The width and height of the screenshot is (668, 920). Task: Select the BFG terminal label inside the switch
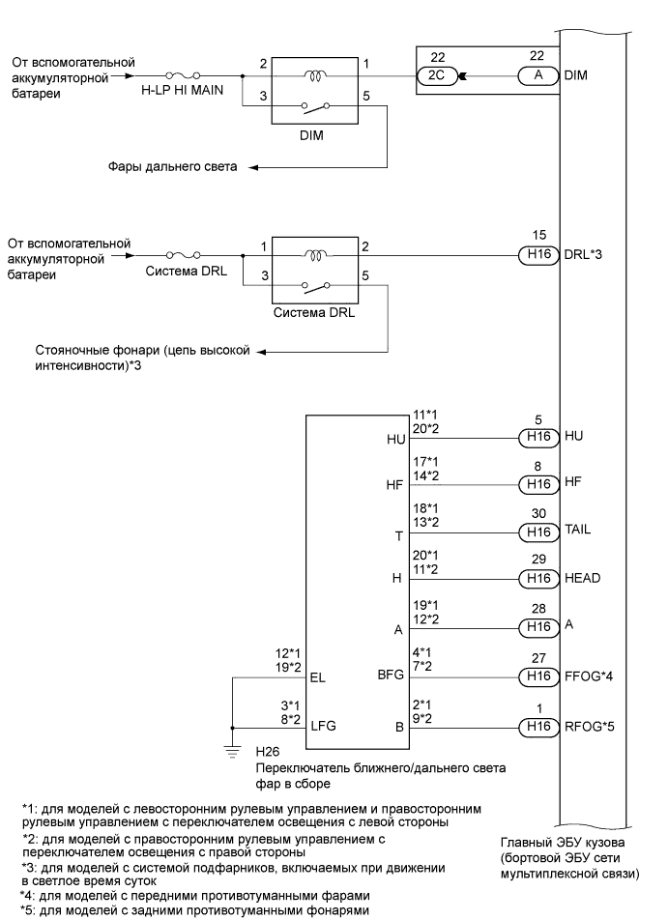click(392, 680)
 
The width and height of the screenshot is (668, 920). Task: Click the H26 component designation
click(267, 750)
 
